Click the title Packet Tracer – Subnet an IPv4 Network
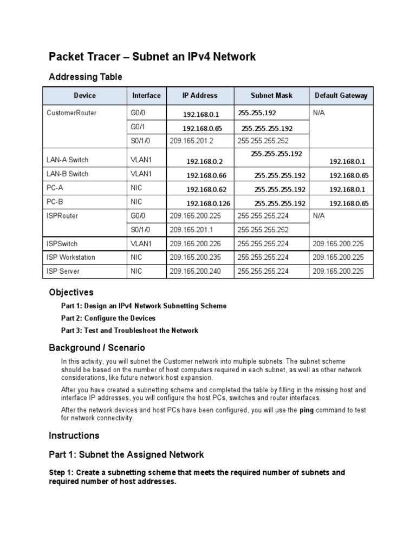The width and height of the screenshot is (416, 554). click(152, 57)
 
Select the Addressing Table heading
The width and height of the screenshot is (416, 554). click(86, 77)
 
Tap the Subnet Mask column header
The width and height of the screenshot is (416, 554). click(271, 96)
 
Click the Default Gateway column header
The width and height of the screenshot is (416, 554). click(341, 96)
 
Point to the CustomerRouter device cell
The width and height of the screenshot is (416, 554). click(72, 113)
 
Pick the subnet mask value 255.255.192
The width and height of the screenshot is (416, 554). click(257, 113)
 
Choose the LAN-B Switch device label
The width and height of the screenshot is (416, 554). click(68, 174)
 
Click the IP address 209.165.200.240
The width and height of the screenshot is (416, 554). click(195, 272)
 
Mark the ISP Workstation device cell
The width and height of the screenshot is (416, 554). click(71, 258)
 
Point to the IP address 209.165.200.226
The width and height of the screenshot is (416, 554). click(195, 244)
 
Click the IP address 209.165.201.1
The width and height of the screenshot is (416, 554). click(192, 229)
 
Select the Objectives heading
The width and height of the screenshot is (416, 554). click(71, 292)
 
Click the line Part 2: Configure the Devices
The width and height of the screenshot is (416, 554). click(108, 318)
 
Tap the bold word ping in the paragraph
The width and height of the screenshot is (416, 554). click(308, 411)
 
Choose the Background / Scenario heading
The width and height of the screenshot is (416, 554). click(97, 347)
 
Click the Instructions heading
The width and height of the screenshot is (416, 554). click(74, 436)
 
